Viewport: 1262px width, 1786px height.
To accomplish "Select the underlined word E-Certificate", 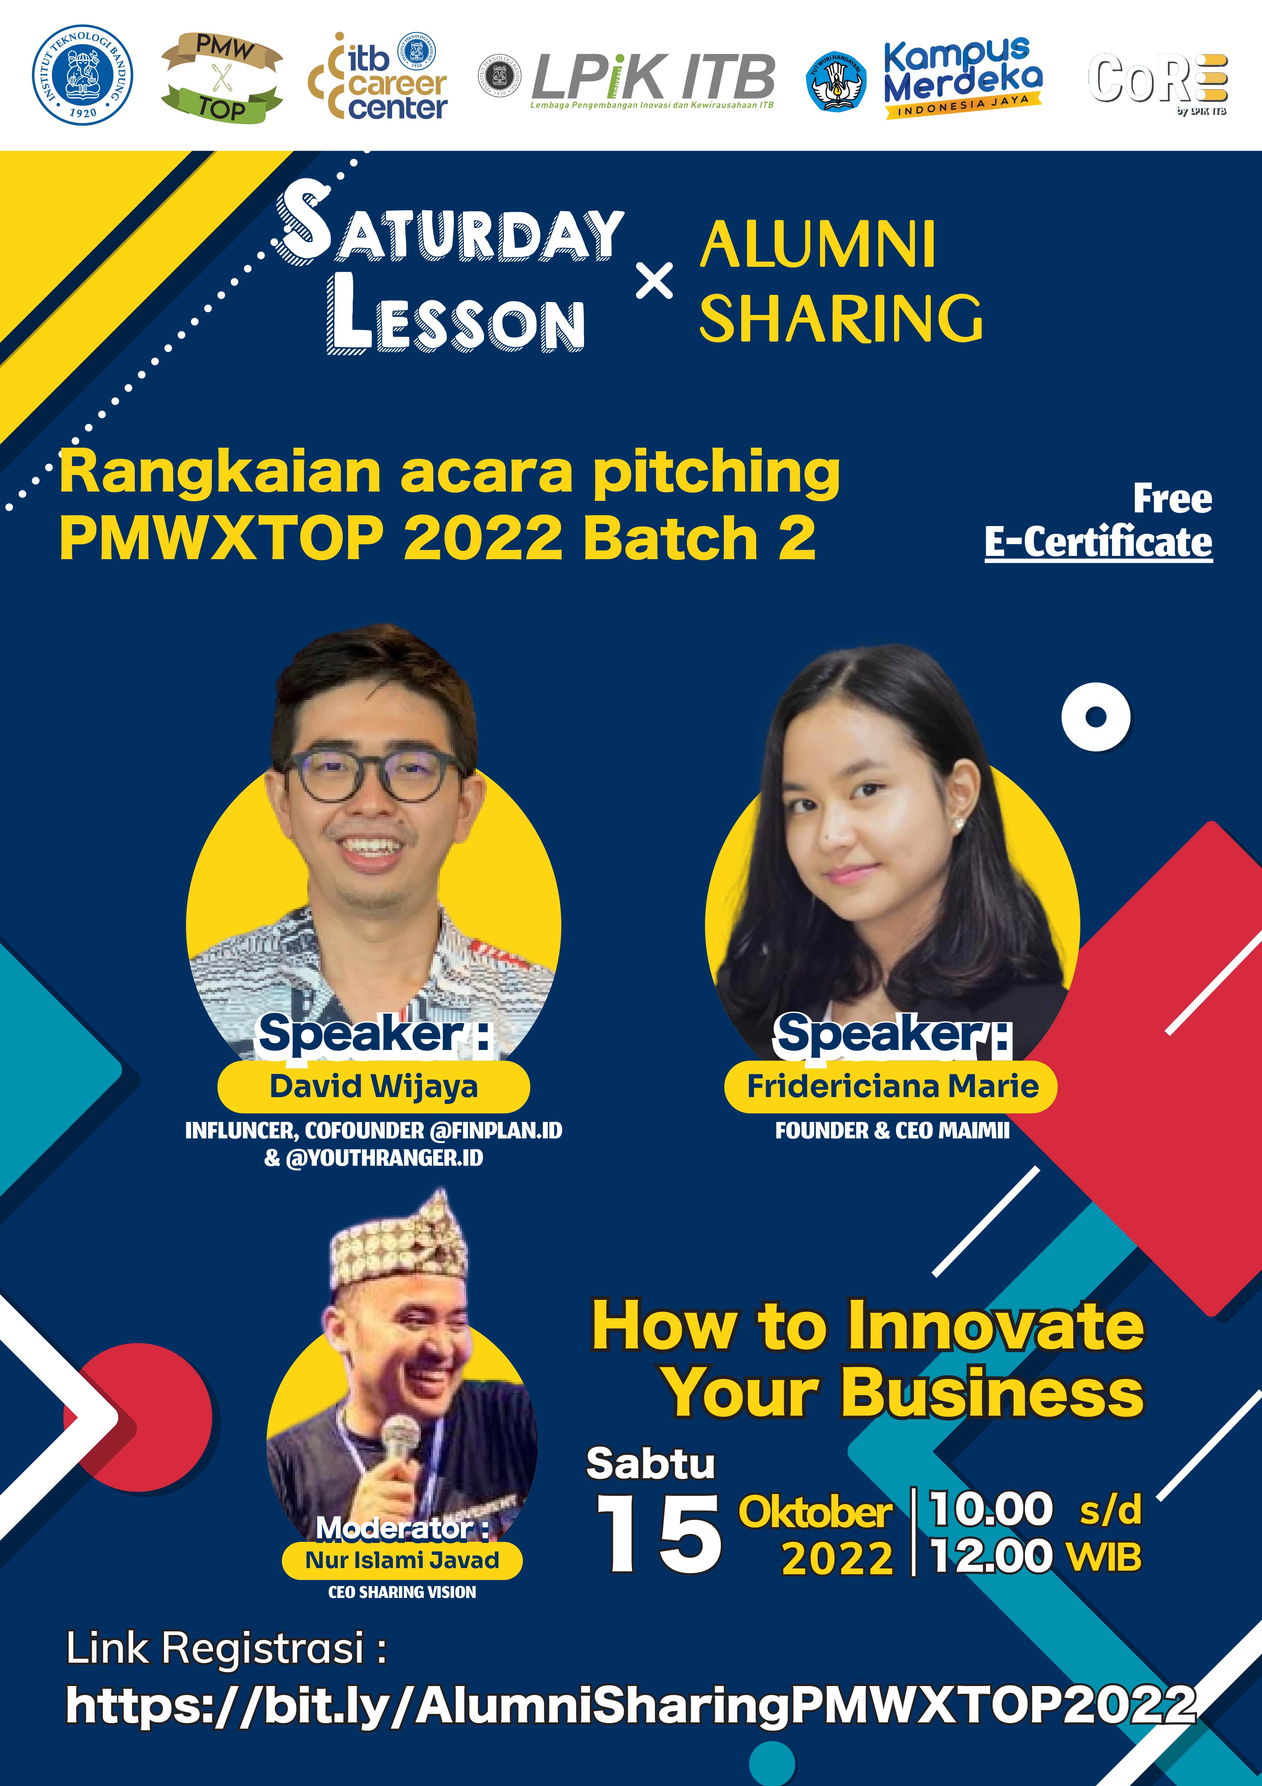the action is (x=1098, y=542).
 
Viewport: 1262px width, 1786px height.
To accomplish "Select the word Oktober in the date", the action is (x=815, y=1513).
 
